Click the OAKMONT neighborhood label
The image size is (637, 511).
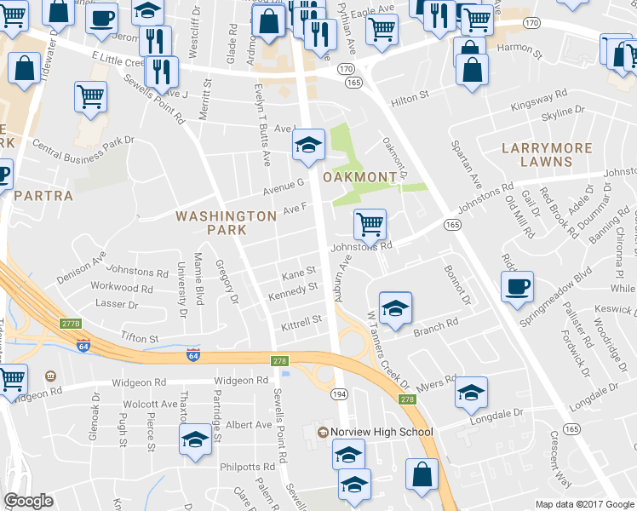tap(360, 177)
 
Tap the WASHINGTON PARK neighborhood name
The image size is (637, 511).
tap(226, 223)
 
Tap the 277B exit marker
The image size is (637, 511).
tap(72, 324)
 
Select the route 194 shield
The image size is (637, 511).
tap(339, 393)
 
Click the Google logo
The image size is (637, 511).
tap(29, 501)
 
